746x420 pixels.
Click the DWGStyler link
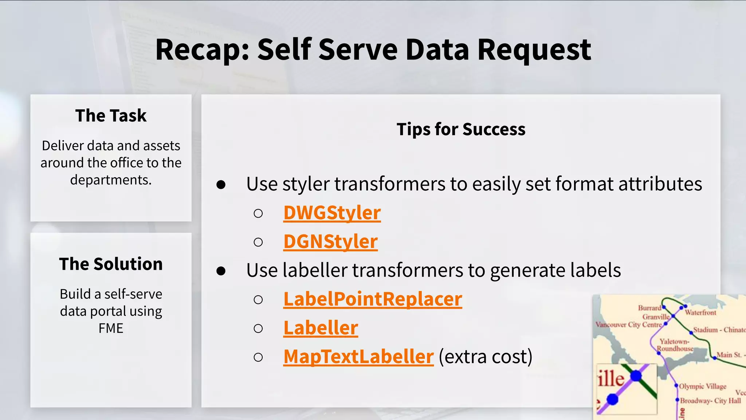click(332, 213)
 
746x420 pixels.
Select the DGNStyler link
click(330, 242)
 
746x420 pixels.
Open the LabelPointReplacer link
click(373, 299)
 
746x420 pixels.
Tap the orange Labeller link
click(321, 328)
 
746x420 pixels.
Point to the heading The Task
click(111, 116)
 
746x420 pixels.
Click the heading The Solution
click(111, 264)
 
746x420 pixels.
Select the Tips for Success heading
click(461, 129)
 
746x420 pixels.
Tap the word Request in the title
click(534, 50)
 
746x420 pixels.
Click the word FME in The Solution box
click(111, 328)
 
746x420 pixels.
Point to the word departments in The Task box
click(111, 180)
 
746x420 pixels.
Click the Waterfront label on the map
click(700, 313)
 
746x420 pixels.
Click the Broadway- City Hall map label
click(710, 401)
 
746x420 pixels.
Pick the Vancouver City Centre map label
click(628, 324)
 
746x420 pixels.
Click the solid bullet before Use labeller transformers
click(221, 271)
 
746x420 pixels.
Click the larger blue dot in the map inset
click(636, 376)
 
